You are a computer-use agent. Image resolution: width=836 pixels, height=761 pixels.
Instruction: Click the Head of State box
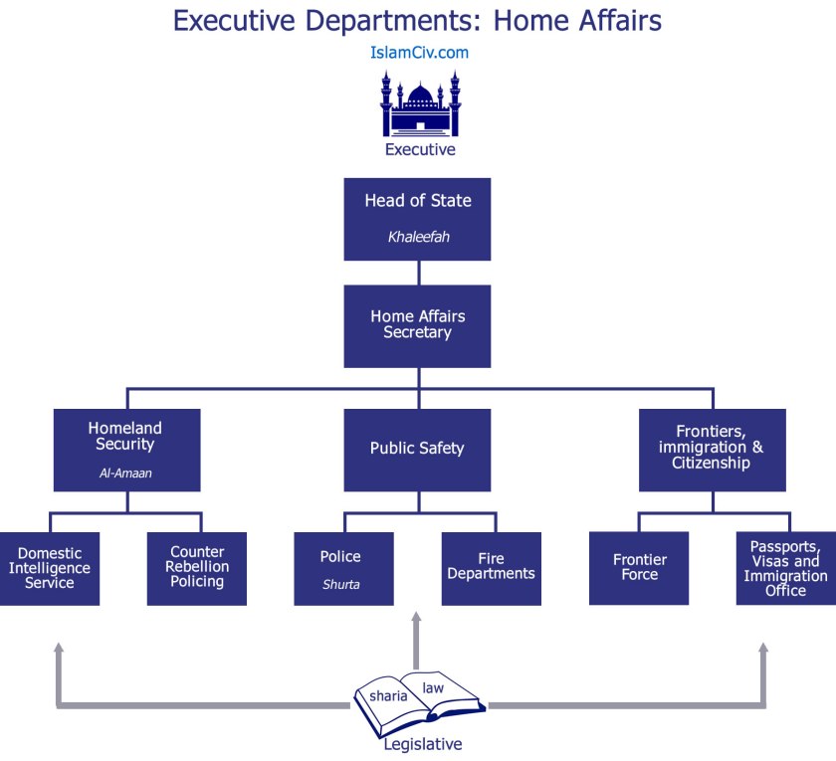pyautogui.click(x=418, y=219)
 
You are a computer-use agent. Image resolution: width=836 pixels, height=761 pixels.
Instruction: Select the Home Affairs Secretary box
pyautogui.click(x=418, y=325)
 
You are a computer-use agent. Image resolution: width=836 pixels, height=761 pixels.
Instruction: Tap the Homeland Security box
pyautogui.click(x=126, y=450)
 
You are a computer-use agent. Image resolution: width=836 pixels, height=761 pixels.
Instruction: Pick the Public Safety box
pyautogui.click(x=418, y=450)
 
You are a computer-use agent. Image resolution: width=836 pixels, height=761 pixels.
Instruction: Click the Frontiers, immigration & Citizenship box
pyautogui.click(x=712, y=450)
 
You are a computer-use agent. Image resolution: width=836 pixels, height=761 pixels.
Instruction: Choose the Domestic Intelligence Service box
pyautogui.click(x=50, y=569)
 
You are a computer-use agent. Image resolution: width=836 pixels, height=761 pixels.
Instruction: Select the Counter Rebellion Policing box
pyautogui.click(x=197, y=569)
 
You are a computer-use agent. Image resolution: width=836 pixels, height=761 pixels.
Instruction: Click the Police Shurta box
pyautogui.click(x=343, y=569)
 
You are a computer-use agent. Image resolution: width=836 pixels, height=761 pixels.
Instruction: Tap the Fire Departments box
pyautogui.click(x=492, y=569)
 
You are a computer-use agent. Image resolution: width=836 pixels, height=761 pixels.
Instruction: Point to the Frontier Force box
pyautogui.click(x=639, y=569)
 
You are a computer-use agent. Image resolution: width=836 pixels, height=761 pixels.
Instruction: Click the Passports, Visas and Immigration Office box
pyautogui.click(x=785, y=569)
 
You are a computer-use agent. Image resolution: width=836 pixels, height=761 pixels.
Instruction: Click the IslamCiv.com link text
pyautogui.click(x=418, y=53)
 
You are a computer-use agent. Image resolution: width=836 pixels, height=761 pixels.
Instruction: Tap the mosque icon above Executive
pyautogui.click(x=420, y=104)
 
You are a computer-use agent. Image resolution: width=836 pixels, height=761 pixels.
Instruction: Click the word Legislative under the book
pyautogui.click(x=423, y=743)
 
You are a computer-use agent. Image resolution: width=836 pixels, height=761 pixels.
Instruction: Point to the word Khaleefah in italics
pyautogui.click(x=418, y=238)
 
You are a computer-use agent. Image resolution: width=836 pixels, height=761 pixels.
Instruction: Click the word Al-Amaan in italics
pyautogui.click(x=126, y=474)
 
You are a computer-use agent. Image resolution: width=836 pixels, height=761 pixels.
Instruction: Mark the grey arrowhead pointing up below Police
pyautogui.click(x=416, y=620)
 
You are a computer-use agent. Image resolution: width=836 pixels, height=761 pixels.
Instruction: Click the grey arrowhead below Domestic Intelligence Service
pyautogui.click(x=59, y=649)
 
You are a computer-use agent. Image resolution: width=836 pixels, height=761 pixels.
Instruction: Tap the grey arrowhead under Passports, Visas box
pyautogui.click(x=763, y=649)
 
